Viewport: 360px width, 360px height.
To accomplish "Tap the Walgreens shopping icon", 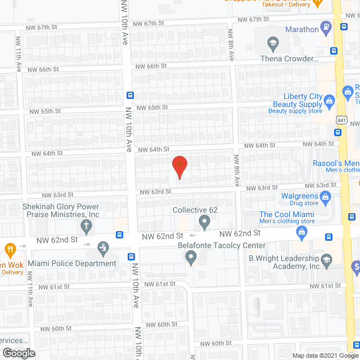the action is [325, 196].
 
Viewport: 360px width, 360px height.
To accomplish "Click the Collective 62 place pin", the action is [206, 223].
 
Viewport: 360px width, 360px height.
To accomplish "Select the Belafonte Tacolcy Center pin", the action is [191, 258].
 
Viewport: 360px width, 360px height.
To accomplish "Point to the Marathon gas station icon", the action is [326, 26].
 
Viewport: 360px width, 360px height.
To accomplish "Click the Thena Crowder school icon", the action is [273, 43].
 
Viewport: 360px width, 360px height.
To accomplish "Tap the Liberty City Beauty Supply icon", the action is [329, 101].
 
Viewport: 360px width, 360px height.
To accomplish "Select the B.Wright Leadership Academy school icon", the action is [326, 259].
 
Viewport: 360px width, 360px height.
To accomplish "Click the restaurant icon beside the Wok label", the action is [10, 248].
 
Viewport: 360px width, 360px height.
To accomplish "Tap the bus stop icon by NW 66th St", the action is [130, 94].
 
